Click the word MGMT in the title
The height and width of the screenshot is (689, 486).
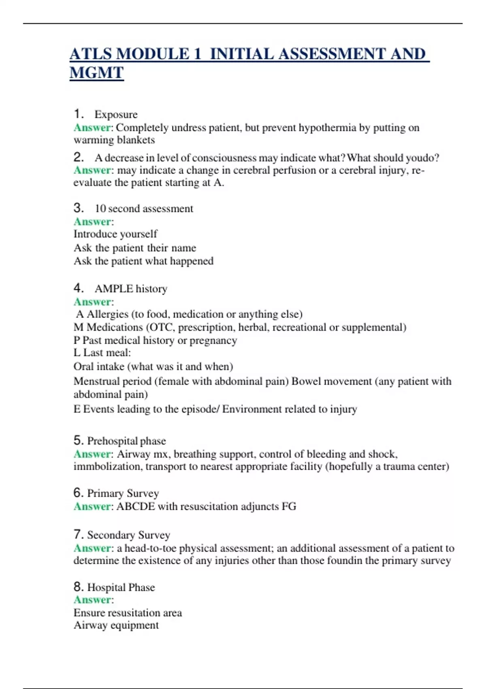click(96, 73)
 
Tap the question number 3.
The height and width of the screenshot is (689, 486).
click(78, 208)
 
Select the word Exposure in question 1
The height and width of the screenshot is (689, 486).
click(116, 114)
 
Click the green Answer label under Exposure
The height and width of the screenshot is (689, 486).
click(92, 128)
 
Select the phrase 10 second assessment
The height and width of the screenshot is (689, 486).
click(144, 208)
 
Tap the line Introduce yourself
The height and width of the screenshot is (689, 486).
click(115, 234)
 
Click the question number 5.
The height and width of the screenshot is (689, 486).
click(78, 440)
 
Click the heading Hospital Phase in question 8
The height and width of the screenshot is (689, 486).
click(121, 587)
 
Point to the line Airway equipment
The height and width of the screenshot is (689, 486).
click(116, 625)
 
